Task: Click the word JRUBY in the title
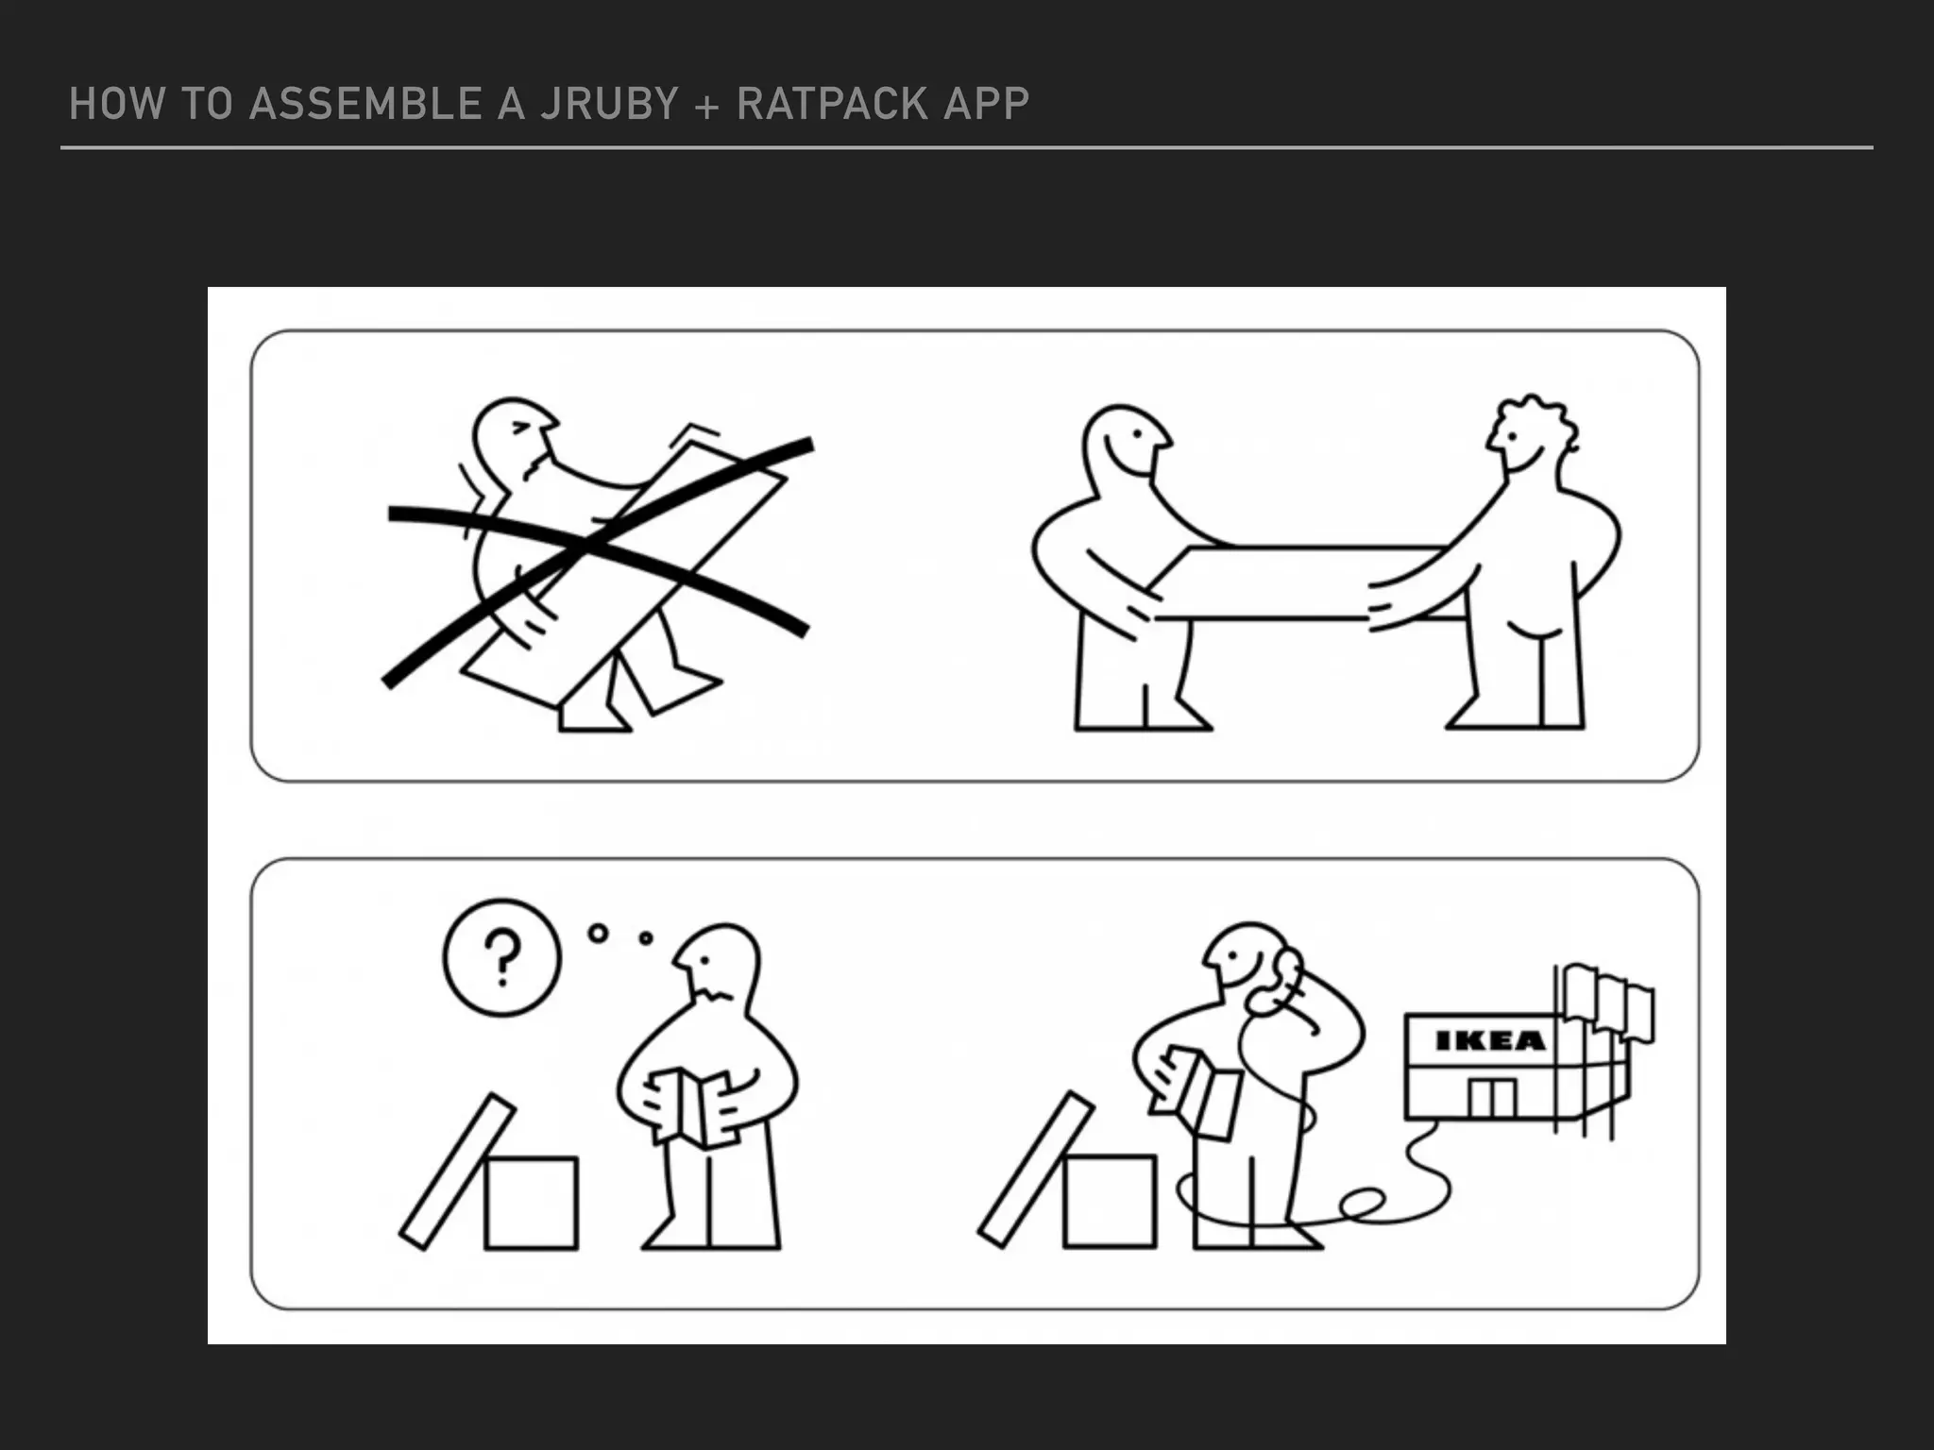click(609, 104)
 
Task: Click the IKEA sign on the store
click(1489, 1040)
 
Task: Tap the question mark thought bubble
click(501, 956)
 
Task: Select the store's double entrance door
click(1492, 1097)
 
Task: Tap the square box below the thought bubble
click(531, 1203)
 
